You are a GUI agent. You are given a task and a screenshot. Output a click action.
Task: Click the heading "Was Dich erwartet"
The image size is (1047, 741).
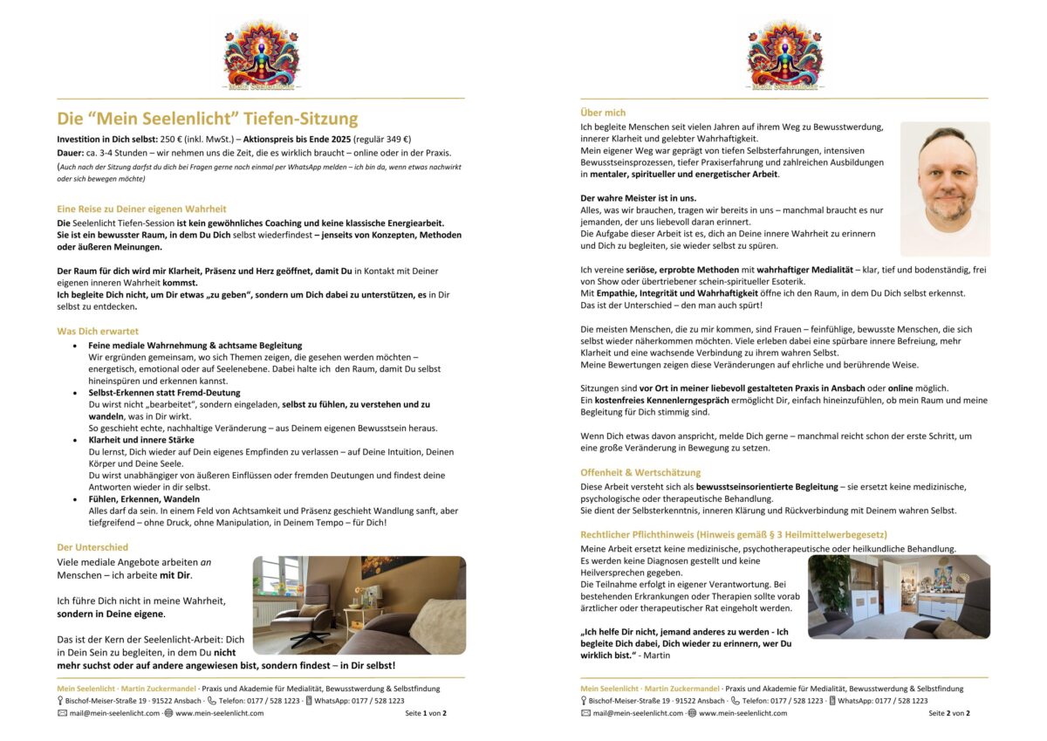98,331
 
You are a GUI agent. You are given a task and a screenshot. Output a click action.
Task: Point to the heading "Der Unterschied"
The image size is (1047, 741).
93,547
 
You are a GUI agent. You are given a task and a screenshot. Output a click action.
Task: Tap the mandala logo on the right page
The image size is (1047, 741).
784,54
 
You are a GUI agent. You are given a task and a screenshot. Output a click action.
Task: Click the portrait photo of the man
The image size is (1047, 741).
945,189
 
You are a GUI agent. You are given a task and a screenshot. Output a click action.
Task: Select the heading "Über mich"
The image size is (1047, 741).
603,113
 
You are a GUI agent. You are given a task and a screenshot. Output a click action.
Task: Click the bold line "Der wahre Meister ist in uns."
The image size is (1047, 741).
639,198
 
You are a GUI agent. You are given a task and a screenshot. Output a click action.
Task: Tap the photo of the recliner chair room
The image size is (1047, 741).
359,605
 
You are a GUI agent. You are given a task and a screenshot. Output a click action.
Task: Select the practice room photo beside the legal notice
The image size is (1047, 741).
899,597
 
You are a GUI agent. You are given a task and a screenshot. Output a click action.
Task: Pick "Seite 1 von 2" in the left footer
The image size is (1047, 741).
426,713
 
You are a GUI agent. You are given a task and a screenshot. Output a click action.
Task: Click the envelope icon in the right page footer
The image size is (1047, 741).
585,713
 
